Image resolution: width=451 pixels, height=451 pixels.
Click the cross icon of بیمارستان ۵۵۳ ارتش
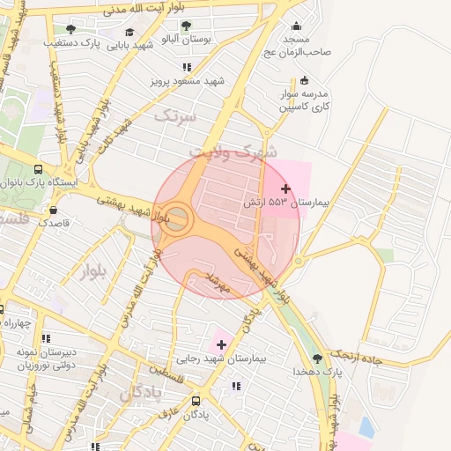285,189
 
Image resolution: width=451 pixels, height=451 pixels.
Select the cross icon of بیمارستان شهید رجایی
221,344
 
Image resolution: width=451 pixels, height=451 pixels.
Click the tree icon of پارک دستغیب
70,29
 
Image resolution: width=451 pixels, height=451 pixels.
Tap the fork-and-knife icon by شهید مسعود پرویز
186,67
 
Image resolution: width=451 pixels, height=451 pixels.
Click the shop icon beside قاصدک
55,211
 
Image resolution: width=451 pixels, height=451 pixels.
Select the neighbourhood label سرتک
173,115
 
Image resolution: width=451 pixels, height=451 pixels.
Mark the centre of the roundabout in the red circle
177,219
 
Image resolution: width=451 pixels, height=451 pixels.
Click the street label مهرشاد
217,282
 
